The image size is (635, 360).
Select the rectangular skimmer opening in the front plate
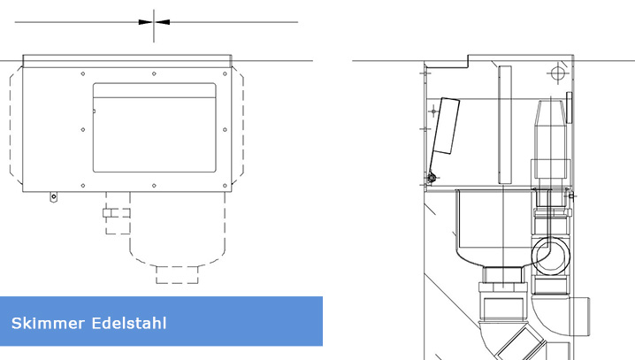pyautogui.click(x=155, y=127)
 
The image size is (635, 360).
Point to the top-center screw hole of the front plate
pyautogui.click(x=155, y=73)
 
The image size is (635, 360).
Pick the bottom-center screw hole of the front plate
pyautogui.click(x=155, y=185)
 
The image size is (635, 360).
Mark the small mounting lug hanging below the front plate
pyautogui.click(x=53, y=196)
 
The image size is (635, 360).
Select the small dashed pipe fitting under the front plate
pyautogui.click(x=116, y=213)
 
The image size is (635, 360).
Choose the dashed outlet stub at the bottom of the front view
pyautogui.click(x=177, y=272)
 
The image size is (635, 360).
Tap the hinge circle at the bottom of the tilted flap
pyautogui.click(x=431, y=179)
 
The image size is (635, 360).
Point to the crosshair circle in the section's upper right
pyautogui.click(x=555, y=72)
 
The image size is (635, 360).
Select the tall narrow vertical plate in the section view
pyautogui.click(x=505, y=124)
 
